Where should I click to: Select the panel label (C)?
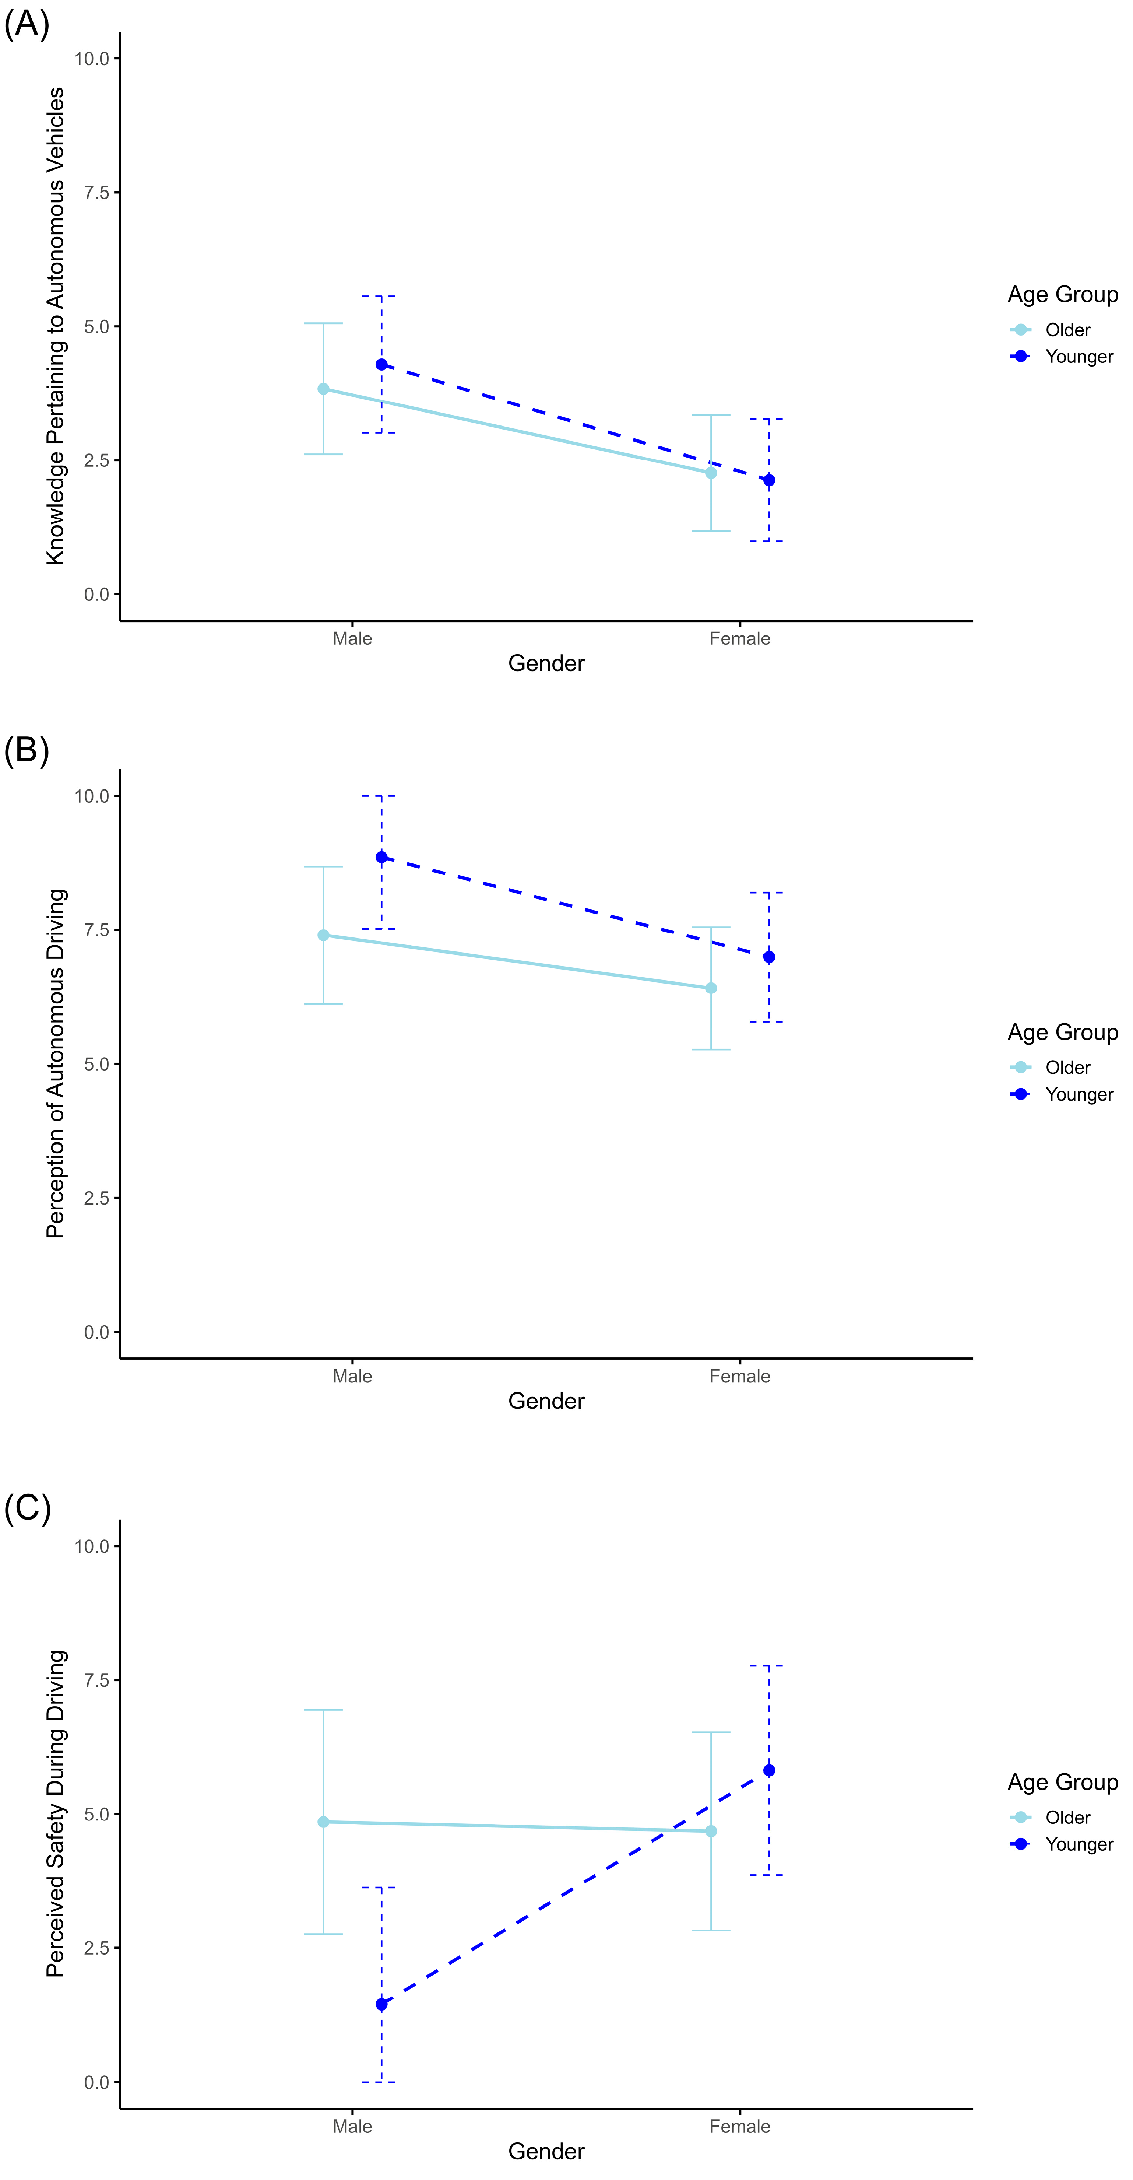point(27,1507)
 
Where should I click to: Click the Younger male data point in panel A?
point(381,365)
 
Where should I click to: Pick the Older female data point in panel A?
point(711,473)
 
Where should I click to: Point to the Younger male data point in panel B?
point(381,857)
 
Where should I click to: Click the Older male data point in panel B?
point(323,935)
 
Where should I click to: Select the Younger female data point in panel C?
point(769,1770)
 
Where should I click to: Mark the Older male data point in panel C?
point(323,1822)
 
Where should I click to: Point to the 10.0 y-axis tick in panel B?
point(92,796)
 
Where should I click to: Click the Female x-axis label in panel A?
point(739,639)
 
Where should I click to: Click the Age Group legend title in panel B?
point(1063,1033)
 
